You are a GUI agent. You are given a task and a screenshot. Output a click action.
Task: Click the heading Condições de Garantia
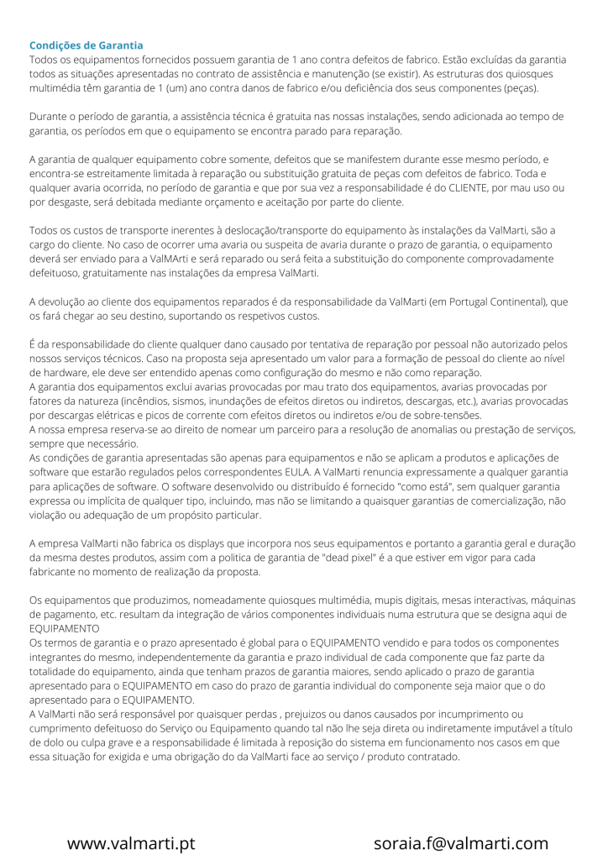pyautogui.click(x=86, y=45)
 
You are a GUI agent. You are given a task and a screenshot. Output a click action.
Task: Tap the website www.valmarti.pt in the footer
pyautogui.click(x=131, y=843)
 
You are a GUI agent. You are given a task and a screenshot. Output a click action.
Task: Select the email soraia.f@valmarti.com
pyautogui.click(x=461, y=843)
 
